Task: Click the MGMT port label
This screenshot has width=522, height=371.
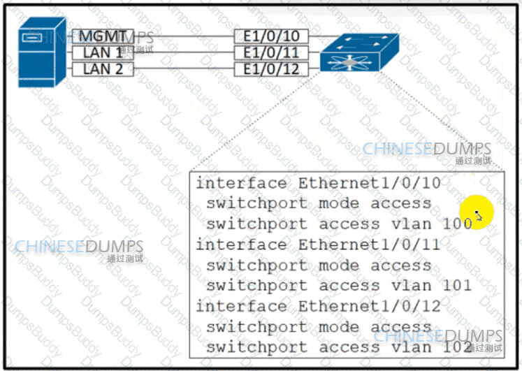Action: point(103,36)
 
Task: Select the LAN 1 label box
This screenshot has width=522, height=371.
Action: point(103,52)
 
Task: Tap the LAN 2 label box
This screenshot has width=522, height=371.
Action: point(103,68)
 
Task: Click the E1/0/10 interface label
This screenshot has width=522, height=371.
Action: point(271,36)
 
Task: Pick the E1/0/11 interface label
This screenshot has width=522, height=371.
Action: point(271,52)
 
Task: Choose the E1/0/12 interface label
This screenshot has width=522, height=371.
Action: point(271,68)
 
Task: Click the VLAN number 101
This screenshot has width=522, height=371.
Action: point(458,286)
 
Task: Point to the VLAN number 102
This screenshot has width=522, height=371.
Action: point(458,347)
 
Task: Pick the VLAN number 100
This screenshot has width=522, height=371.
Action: point(458,224)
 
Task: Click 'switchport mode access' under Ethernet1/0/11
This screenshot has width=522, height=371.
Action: point(319,265)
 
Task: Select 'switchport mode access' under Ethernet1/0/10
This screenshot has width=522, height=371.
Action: point(319,204)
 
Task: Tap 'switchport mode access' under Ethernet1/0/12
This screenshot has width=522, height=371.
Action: point(319,327)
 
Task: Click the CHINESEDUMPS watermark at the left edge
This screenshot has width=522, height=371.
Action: point(78,247)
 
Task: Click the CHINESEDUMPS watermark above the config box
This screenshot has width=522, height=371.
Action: point(426,149)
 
